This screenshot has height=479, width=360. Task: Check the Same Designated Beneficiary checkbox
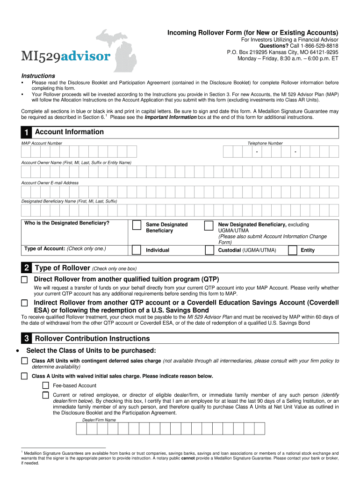(x=136, y=226)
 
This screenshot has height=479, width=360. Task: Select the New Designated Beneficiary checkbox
(x=209, y=226)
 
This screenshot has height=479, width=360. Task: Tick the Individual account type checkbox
(x=136, y=250)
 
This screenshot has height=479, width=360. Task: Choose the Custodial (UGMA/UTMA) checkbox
(x=209, y=250)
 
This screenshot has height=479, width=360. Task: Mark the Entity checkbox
(x=292, y=250)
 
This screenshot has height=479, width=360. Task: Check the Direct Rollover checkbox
(x=24, y=280)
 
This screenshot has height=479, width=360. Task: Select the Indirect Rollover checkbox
(x=24, y=303)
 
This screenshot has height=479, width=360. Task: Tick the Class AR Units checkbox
(x=24, y=361)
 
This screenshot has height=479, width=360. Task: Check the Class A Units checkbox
(x=24, y=376)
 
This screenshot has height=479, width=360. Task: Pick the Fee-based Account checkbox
(x=45, y=385)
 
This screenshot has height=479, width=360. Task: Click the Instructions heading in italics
(x=38, y=76)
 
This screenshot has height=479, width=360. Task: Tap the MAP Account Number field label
(x=42, y=143)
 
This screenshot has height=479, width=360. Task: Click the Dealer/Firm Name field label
(x=99, y=420)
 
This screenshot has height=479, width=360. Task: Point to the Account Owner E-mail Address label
(x=50, y=183)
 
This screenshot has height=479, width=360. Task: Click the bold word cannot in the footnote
(x=188, y=458)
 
